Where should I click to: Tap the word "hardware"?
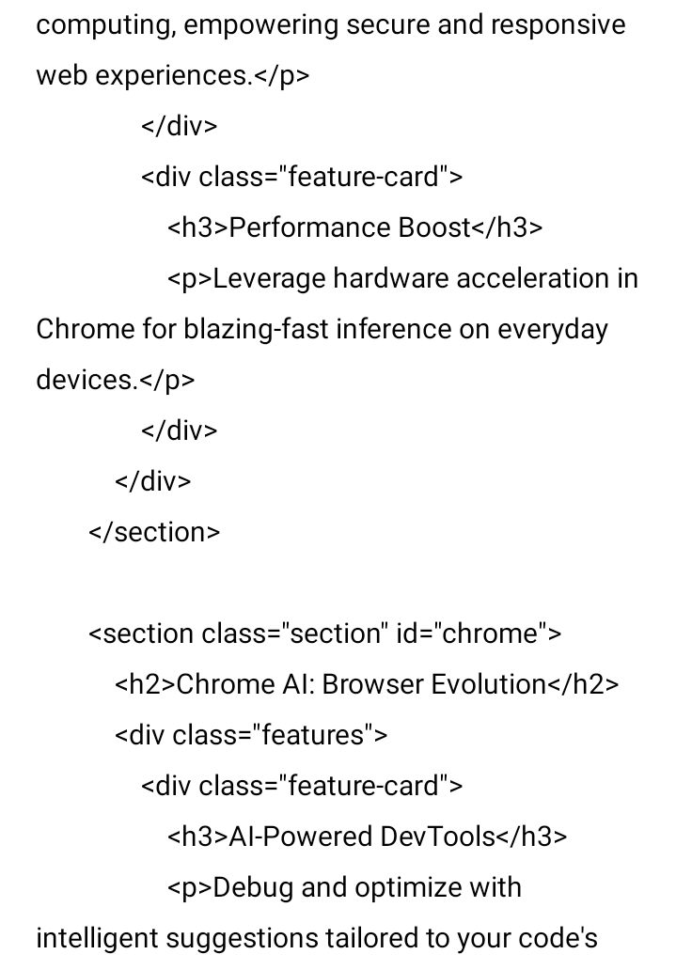[390, 279]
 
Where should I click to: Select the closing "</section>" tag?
[154, 533]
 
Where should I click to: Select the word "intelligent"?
[96, 939]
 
